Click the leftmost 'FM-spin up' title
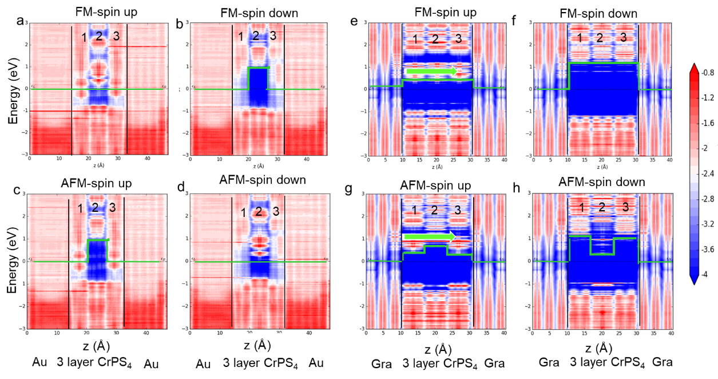tap(106, 12)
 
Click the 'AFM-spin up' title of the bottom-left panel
tap(96, 184)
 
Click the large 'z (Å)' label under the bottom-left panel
tap(94, 347)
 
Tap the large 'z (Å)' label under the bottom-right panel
tap(598, 348)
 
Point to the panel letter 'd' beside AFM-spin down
tap(181, 187)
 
